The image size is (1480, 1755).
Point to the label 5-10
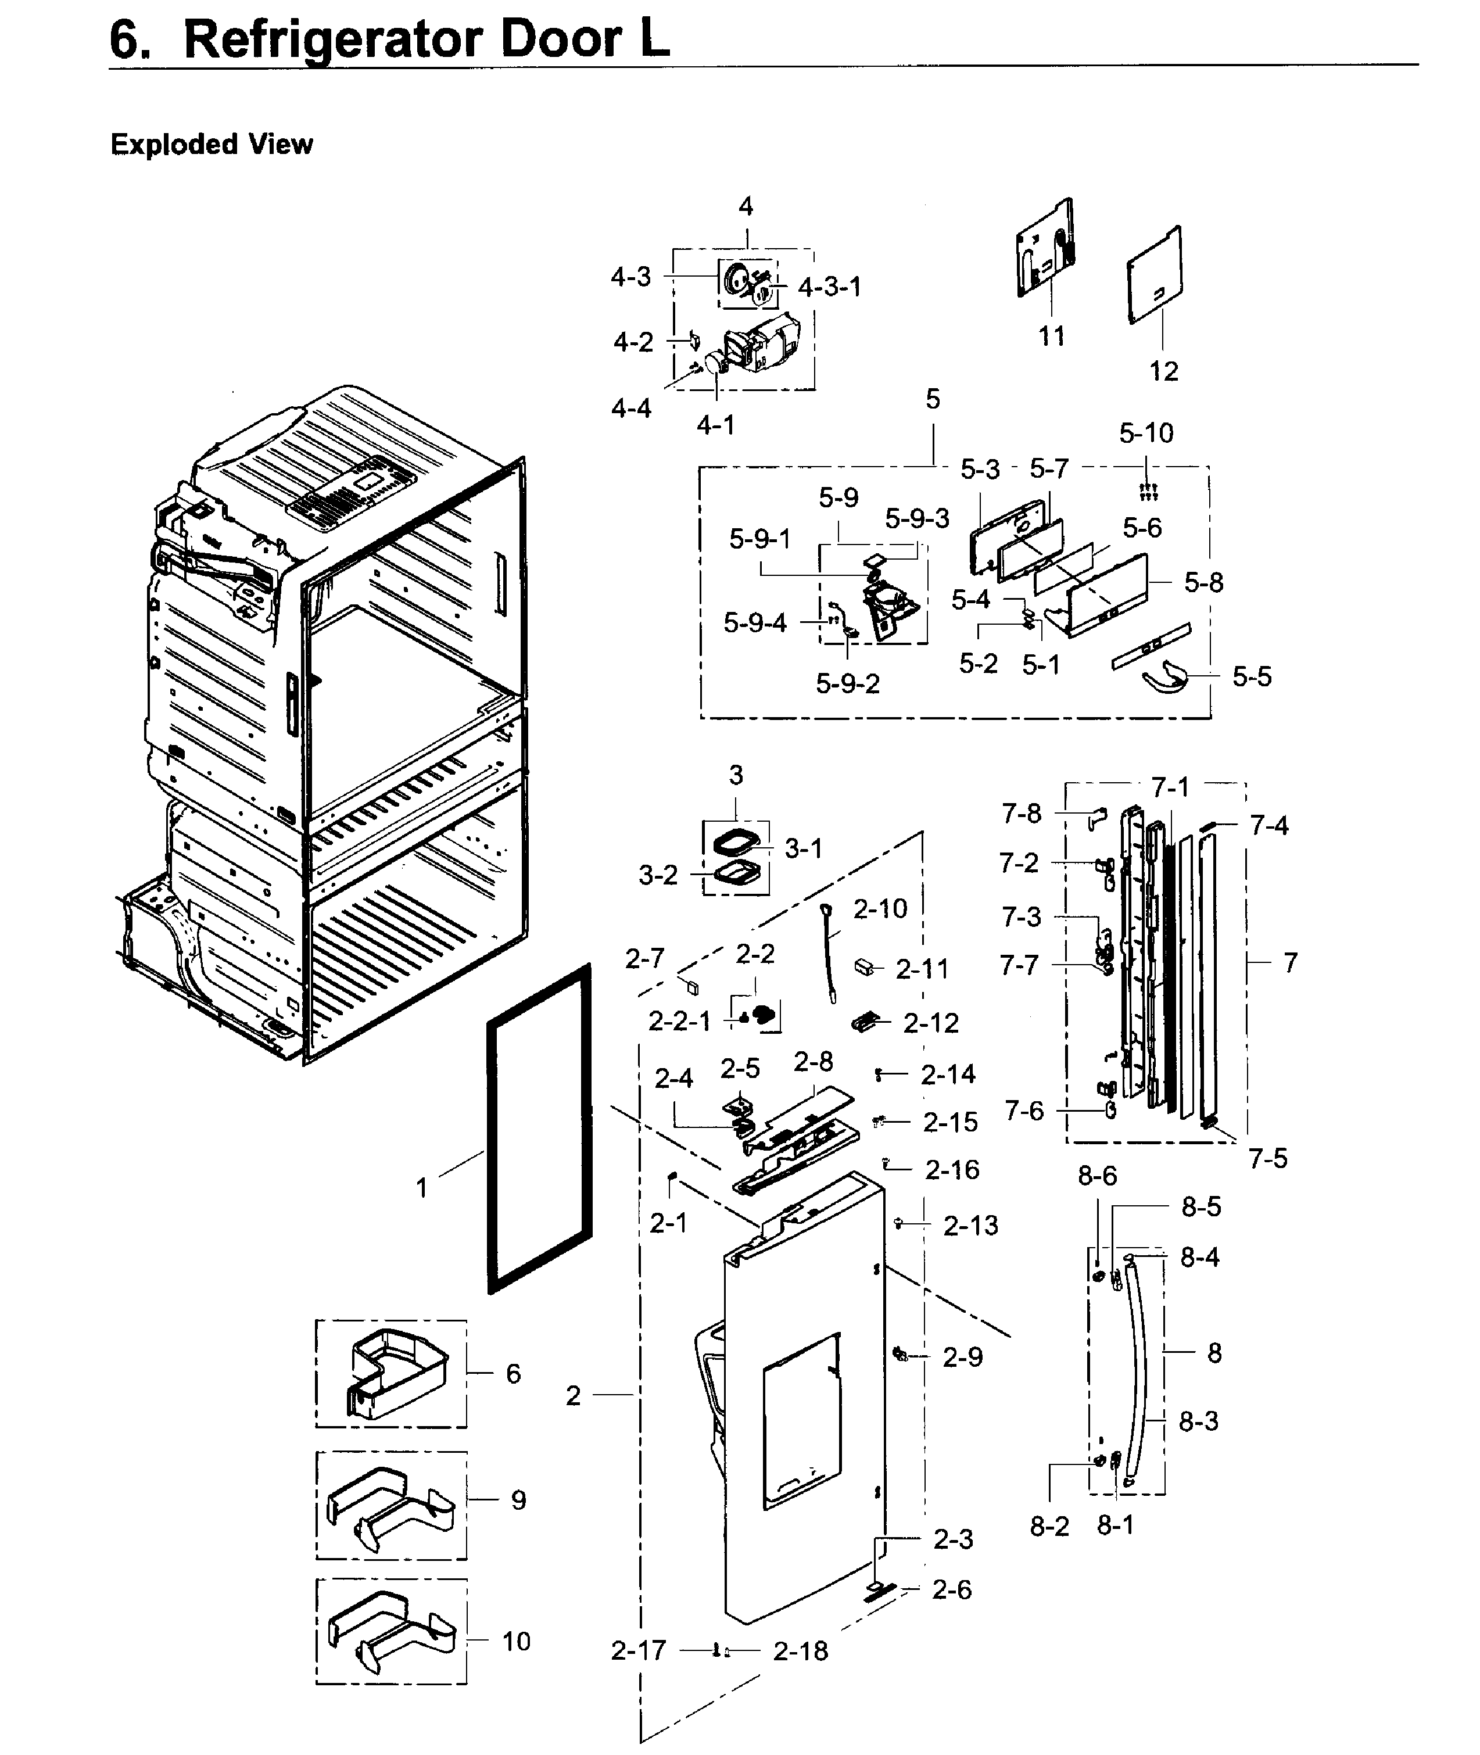pos(1146,433)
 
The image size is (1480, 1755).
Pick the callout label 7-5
pos(1267,1159)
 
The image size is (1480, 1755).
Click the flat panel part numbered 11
pos(1045,248)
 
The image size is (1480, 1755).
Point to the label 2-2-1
pos(680,1021)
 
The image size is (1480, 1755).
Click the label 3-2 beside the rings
pos(658,875)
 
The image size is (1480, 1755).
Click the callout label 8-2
pos(1049,1526)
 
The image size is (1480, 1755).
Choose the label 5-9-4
pos(755,622)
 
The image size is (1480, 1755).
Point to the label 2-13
pos(971,1226)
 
